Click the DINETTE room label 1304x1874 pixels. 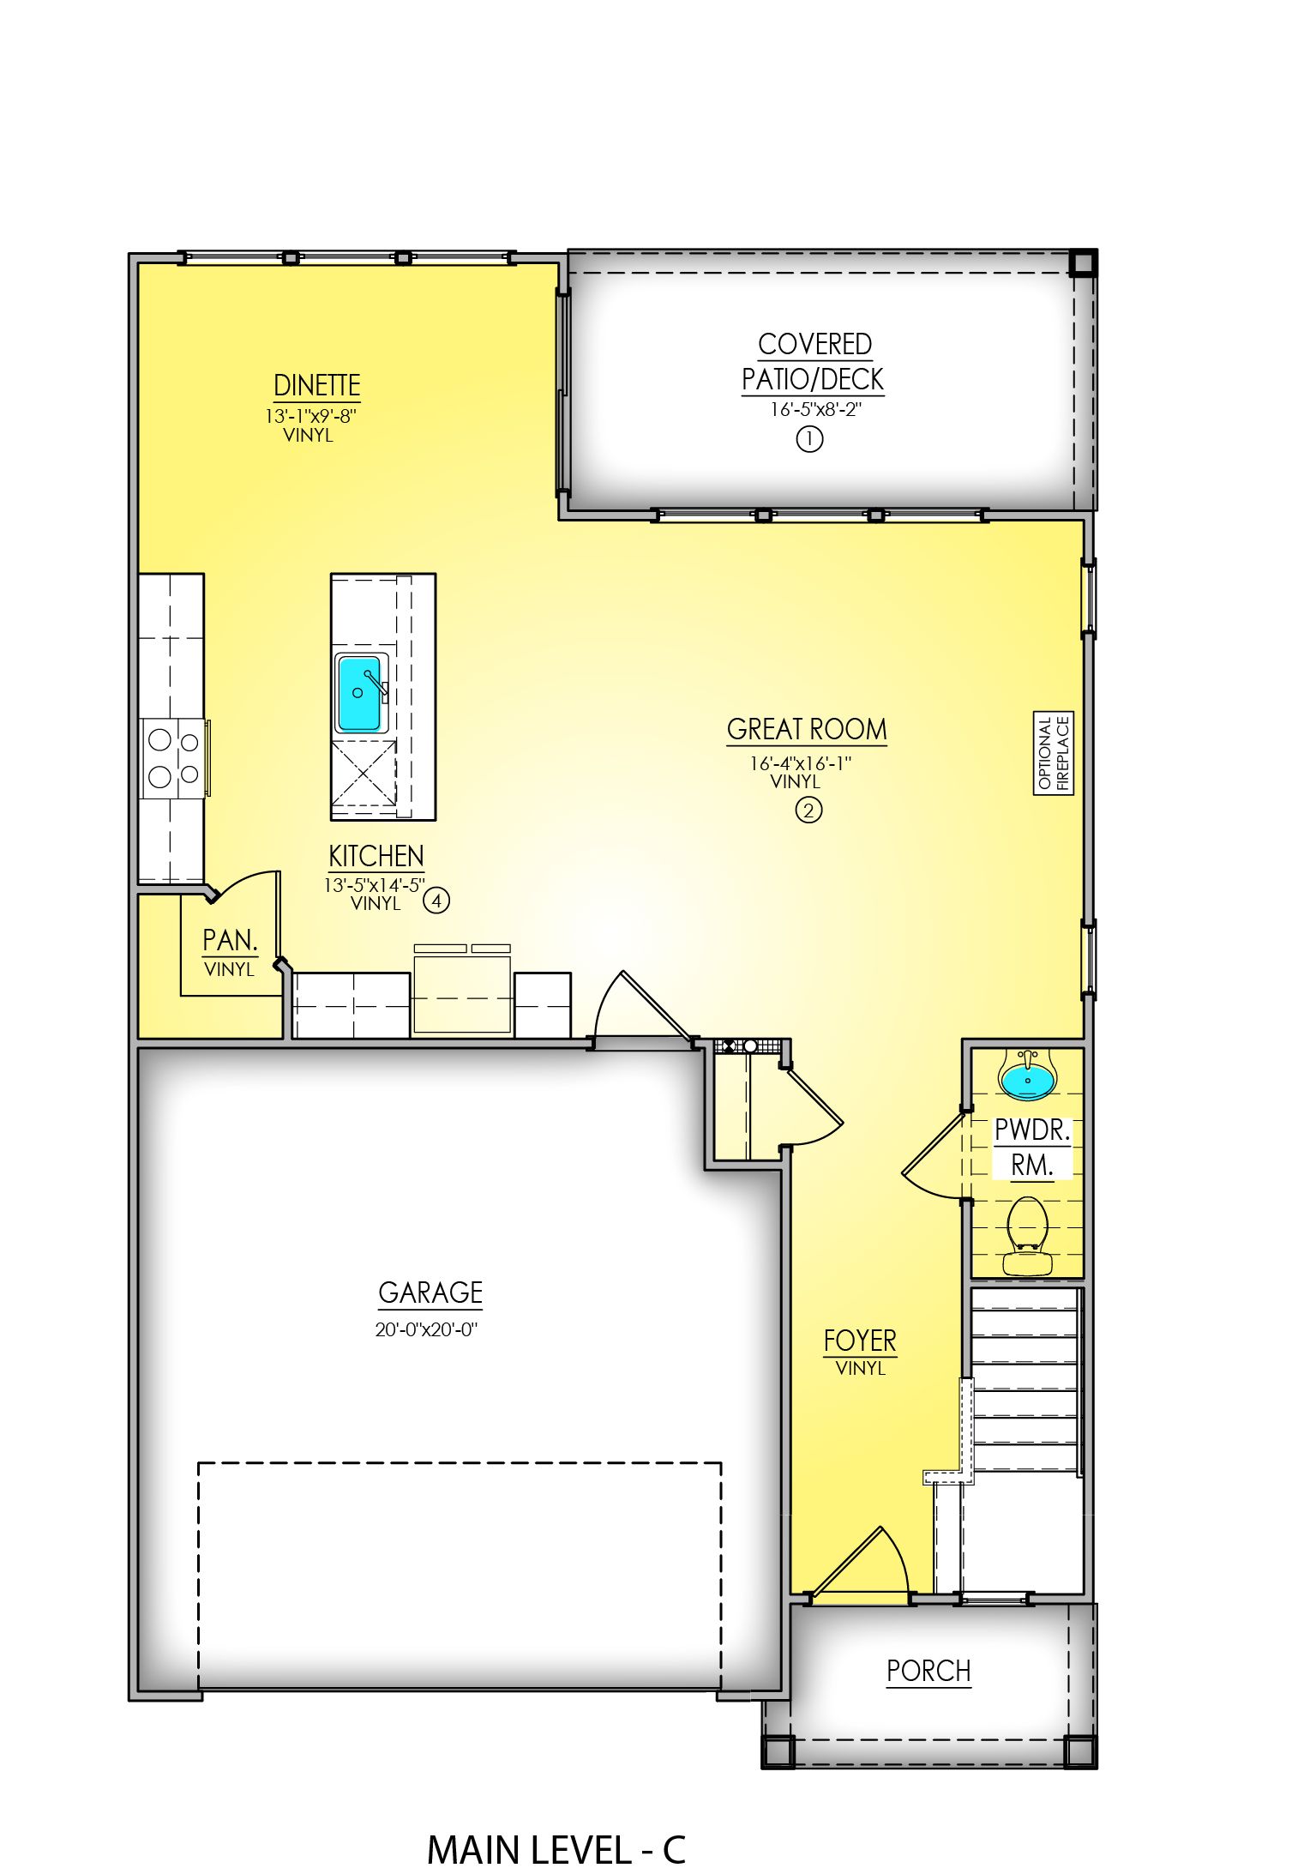[316, 385]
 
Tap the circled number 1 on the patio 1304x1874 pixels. [809, 439]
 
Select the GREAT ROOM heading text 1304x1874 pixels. [807, 729]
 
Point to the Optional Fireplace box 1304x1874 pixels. [1053, 753]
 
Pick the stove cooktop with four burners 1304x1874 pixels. [172, 758]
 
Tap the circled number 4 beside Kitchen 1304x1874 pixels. [436, 901]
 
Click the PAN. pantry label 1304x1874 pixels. [230, 941]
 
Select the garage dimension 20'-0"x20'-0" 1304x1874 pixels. [426, 1329]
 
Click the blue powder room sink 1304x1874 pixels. [1027, 1080]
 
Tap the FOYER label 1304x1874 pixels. [859, 1341]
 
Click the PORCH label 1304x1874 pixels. [928, 1671]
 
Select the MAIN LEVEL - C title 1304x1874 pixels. [556, 1850]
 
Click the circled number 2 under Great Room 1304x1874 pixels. [808, 810]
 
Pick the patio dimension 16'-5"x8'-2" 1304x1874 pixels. [814, 409]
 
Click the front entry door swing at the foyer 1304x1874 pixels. [862, 1566]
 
